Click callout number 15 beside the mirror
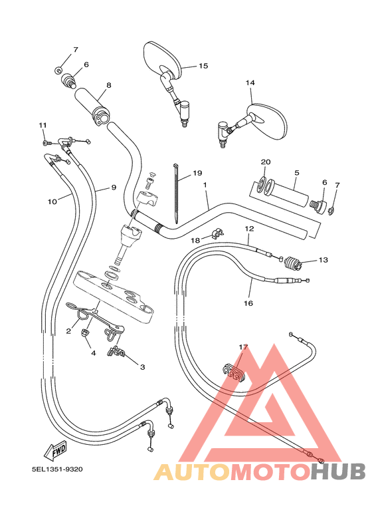click(203, 66)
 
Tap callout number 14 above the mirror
click(250, 83)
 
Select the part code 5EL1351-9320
click(57, 469)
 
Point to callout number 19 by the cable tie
click(197, 174)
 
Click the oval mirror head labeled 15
click(161, 59)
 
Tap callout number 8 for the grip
click(108, 86)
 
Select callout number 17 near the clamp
click(243, 347)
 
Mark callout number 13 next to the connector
click(324, 260)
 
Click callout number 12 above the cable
click(249, 229)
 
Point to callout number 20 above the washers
click(266, 162)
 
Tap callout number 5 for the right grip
click(297, 172)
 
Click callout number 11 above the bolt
click(43, 125)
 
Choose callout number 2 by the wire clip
click(68, 330)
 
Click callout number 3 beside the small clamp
click(141, 366)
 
